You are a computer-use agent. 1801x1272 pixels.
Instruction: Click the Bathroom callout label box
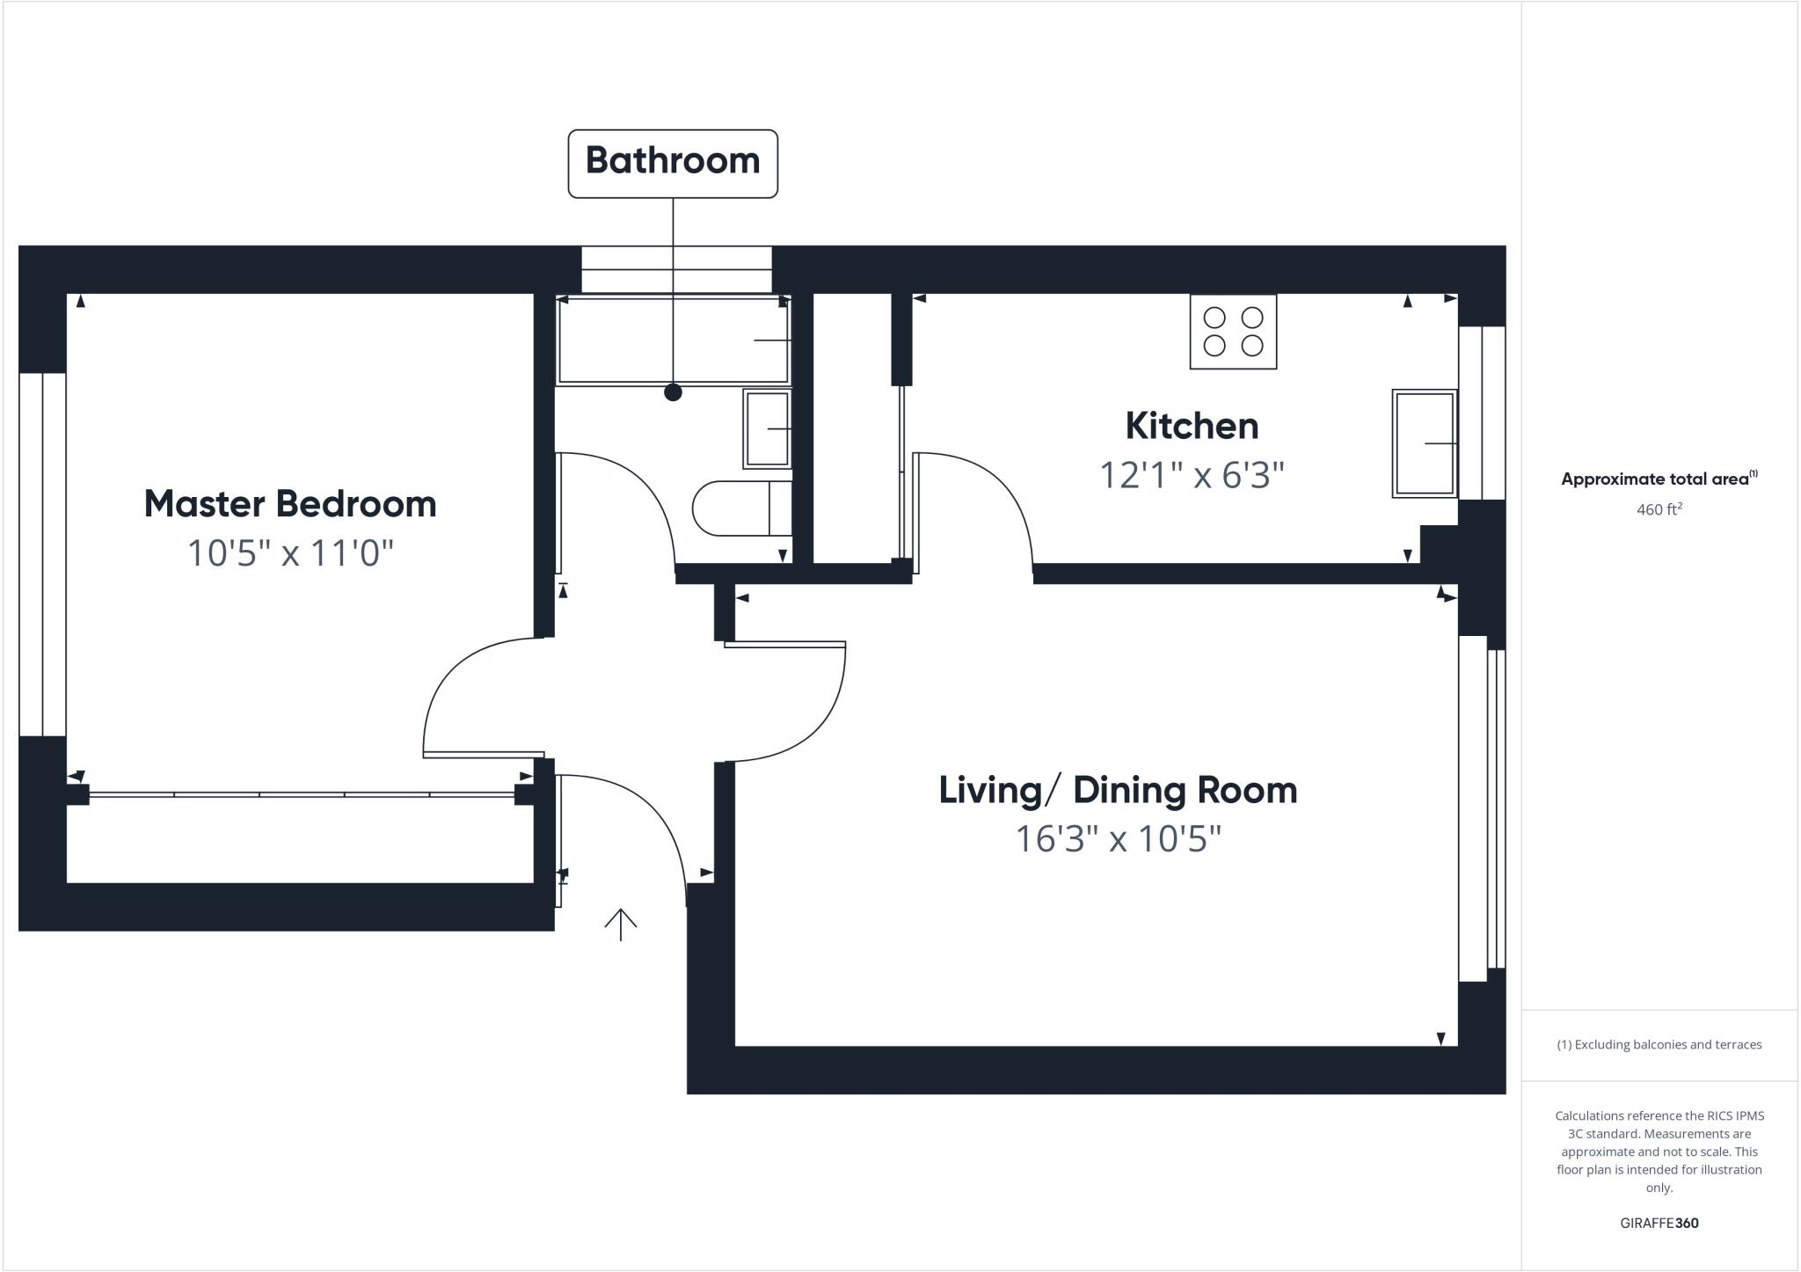click(673, 164)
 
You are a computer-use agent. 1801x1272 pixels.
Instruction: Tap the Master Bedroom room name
click(290, 504)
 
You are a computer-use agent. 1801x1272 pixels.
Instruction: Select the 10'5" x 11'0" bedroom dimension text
click(290, 553)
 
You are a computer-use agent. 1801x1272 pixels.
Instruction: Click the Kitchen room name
click(1192, 426)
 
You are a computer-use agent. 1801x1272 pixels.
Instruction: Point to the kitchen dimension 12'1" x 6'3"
click(1192, 476)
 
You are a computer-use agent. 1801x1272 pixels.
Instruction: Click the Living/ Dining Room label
click(1118, 790)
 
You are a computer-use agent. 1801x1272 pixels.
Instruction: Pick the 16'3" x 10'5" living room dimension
click(1118, 838)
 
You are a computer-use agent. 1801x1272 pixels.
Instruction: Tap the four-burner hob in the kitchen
click(1233, 332)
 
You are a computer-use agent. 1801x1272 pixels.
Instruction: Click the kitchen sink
click(1425, 443)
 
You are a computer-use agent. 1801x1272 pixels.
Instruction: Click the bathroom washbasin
click(767, 428)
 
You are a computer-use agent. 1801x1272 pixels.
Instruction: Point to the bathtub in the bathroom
click(673, 340)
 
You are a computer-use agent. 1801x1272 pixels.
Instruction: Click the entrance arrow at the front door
click(621, 925)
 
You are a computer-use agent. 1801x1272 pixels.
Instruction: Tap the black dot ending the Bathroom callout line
click(673, 392)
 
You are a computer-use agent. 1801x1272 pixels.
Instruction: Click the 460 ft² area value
click(1659, 509)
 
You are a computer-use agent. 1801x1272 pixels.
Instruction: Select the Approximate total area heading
click(1659, 479)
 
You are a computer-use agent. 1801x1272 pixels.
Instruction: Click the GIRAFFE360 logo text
click(1659, 1223)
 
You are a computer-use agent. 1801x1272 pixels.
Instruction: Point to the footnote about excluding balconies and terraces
click(1659, 1045)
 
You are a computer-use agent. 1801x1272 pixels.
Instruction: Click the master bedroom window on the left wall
click(42, 554)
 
